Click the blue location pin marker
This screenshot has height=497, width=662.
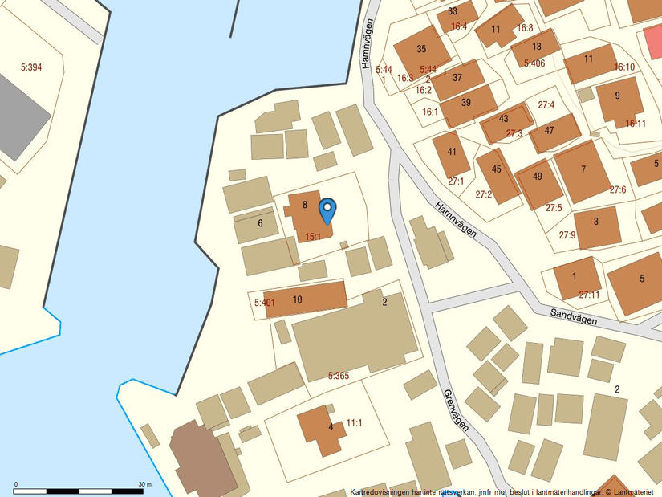[327, 210]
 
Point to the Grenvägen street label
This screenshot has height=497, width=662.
[455, 411]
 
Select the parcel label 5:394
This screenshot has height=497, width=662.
[30, 67]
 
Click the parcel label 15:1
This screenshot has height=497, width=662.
[313, 237]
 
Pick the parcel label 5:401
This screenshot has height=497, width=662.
[264, 303]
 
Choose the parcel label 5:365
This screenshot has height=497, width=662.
[339, 375]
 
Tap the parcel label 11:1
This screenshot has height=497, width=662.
[355, 422]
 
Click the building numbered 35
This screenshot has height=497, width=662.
[422, 49]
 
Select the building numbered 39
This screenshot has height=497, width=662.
[466, 103]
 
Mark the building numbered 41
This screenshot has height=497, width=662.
[452, 152]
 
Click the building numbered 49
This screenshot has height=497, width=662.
[538, 177]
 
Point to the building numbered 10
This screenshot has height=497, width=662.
[298, 299]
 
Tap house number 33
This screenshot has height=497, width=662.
[453, 11]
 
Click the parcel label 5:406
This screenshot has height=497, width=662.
[534, 63]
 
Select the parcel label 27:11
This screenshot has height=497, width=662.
[589, 295]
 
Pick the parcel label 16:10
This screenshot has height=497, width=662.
[624, 67]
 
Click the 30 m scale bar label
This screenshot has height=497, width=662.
[145, 484]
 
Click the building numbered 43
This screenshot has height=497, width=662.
[504, 119]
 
